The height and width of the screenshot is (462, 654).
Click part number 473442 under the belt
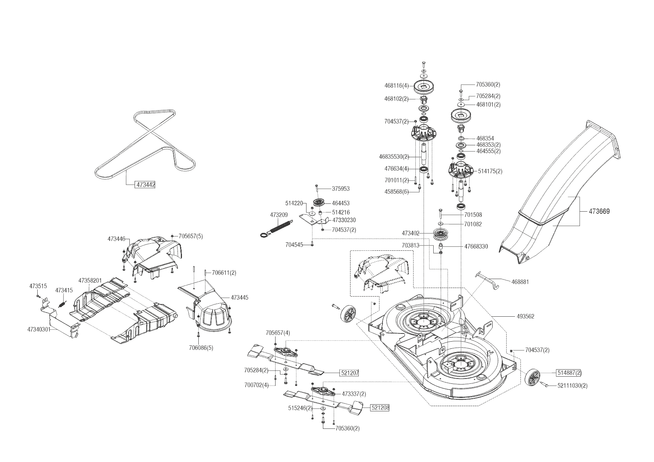click(145, 184)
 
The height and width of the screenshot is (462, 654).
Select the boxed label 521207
click(349, 373)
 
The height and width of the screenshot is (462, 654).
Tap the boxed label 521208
click(380, 408)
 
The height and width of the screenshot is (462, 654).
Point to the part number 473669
click(599, 212)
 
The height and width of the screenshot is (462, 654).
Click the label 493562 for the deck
click(525, 316)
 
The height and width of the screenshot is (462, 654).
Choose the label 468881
click(520, 282)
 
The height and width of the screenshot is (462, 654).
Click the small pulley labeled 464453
click(319, 203)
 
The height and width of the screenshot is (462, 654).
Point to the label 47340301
click(39, 329)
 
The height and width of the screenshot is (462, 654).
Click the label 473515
click(38, 286)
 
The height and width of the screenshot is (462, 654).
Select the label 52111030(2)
click(572, 386)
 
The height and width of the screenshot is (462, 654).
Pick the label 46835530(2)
click(394, 156)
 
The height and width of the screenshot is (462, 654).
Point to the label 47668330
click(476, 247)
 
